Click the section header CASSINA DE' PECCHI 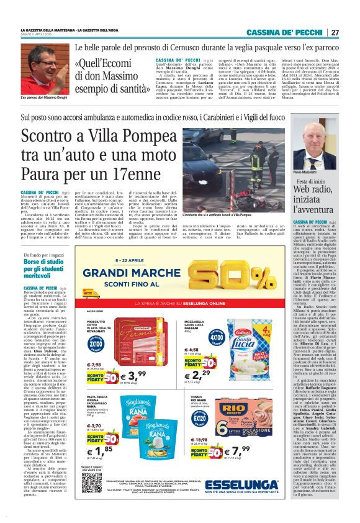(294, 32)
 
